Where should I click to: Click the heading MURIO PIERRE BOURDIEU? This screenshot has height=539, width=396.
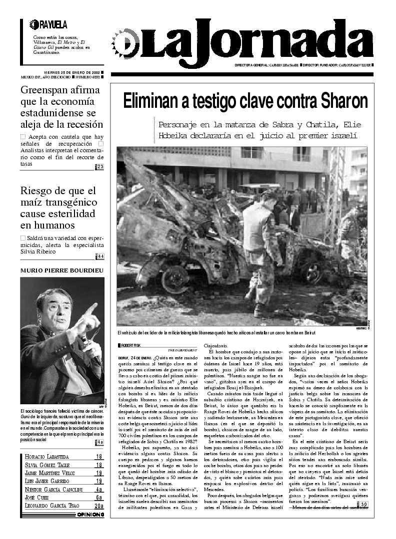point(61,270)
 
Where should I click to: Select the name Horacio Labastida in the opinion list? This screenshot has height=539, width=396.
point(47,457)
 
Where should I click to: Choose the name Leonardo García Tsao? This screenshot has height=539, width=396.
point(52,506)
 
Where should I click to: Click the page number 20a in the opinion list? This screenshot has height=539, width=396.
point(98,506)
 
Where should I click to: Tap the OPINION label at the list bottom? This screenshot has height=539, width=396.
point(90,515)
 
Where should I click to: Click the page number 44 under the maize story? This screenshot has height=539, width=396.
point(100,257)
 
